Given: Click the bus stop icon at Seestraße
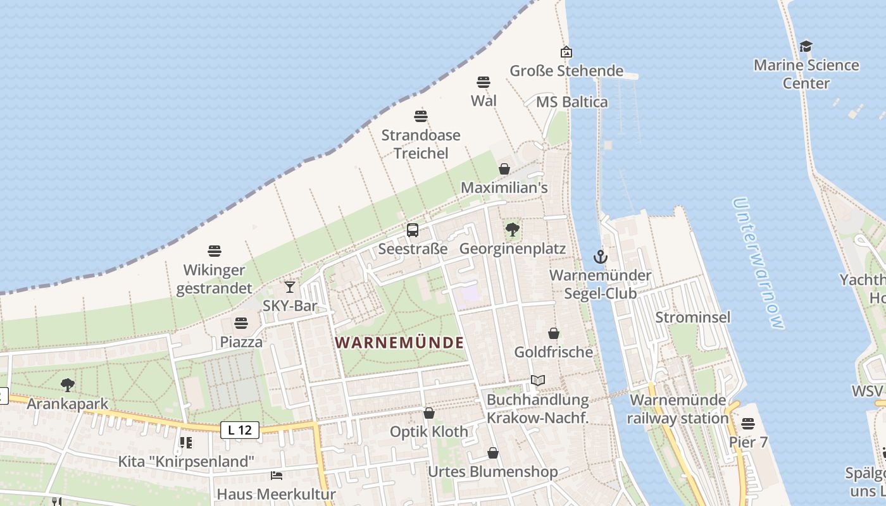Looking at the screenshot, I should (413, 230).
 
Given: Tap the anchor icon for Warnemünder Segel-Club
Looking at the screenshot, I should (600, 256).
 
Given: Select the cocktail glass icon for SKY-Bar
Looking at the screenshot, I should (290, 287).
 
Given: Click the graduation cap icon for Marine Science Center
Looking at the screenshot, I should (806, 46).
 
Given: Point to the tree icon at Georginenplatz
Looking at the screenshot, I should (513, 230).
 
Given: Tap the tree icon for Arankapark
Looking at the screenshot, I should (67, 385).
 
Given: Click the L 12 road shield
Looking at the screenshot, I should (240, 430).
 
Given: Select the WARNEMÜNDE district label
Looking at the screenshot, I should (399, 343).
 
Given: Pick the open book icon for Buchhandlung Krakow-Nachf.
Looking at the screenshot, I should (538, 380).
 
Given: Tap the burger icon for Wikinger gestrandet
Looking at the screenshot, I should (215, 251).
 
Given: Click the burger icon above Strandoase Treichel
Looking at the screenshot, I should (421, 116).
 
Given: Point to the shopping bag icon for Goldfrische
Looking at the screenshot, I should (554, 333).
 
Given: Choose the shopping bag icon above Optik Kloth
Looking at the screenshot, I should (429, 413).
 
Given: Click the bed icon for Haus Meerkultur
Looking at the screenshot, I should (277, 475).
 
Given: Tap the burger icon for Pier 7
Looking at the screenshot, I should (748, 423).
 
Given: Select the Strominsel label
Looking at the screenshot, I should (693, 317).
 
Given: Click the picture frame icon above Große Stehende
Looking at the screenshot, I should (566, 52).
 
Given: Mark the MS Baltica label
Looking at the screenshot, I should (571, 102).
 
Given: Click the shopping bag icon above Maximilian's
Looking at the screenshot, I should (504, 169).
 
